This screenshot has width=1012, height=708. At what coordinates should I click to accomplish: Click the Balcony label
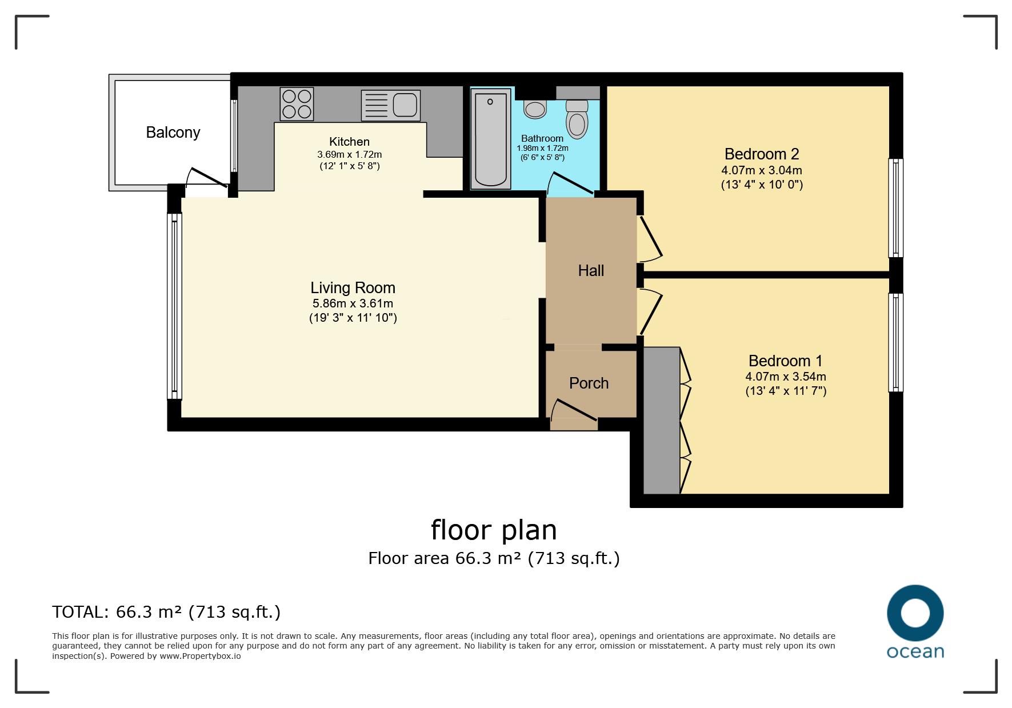173,133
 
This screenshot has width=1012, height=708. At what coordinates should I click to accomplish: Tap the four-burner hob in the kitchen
297,103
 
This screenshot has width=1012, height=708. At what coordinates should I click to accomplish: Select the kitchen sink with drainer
391,105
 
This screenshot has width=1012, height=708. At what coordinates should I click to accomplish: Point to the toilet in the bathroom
577,118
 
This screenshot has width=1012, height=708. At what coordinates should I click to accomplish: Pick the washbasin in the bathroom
535,109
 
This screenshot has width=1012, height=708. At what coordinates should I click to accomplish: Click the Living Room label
353,287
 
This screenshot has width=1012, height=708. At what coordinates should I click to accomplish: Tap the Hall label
591,270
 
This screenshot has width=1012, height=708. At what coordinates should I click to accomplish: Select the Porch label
589,383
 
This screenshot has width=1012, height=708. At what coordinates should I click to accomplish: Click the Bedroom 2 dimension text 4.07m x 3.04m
762,170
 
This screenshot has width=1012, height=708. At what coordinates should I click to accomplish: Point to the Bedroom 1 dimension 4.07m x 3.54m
786,377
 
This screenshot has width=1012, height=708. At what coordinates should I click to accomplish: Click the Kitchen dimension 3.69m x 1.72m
350,154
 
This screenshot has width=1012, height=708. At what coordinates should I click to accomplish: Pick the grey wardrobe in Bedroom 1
662,420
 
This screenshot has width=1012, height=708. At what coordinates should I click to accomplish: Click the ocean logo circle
915,614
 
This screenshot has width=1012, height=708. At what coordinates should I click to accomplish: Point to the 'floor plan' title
494,530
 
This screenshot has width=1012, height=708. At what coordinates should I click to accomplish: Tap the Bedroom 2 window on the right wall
896,208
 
